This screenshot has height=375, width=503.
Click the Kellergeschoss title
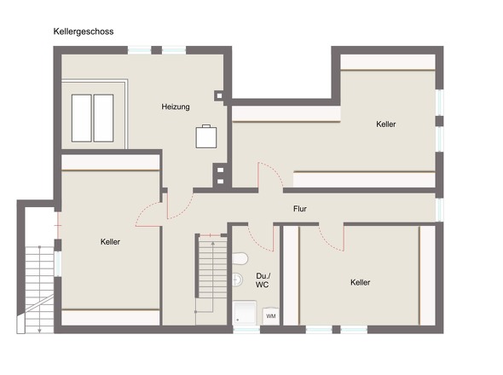[x=84, y=32]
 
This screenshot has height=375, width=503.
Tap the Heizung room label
[x=176, y=107]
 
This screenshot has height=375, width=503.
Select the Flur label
[x=300, y=209]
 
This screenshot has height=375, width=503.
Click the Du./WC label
[x=263, y=280]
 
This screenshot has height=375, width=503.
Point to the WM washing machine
[x=271, y=316]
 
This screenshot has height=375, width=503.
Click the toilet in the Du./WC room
[x=240, y=258]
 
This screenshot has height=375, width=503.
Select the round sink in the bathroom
[x=237, y=280]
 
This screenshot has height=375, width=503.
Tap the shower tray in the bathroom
[x=244, y=313]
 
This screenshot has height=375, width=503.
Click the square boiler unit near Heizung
[x=206, y=136]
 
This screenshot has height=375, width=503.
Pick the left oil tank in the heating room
[x=82, y=118]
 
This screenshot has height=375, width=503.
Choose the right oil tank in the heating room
[x=103, y=118]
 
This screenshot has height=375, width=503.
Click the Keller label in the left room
[x=110, y=241]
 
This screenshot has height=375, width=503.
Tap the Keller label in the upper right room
[x=386, y=124]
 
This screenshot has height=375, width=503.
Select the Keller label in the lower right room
[x=361, y=282]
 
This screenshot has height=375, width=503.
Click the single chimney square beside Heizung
[x=219, y=95]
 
